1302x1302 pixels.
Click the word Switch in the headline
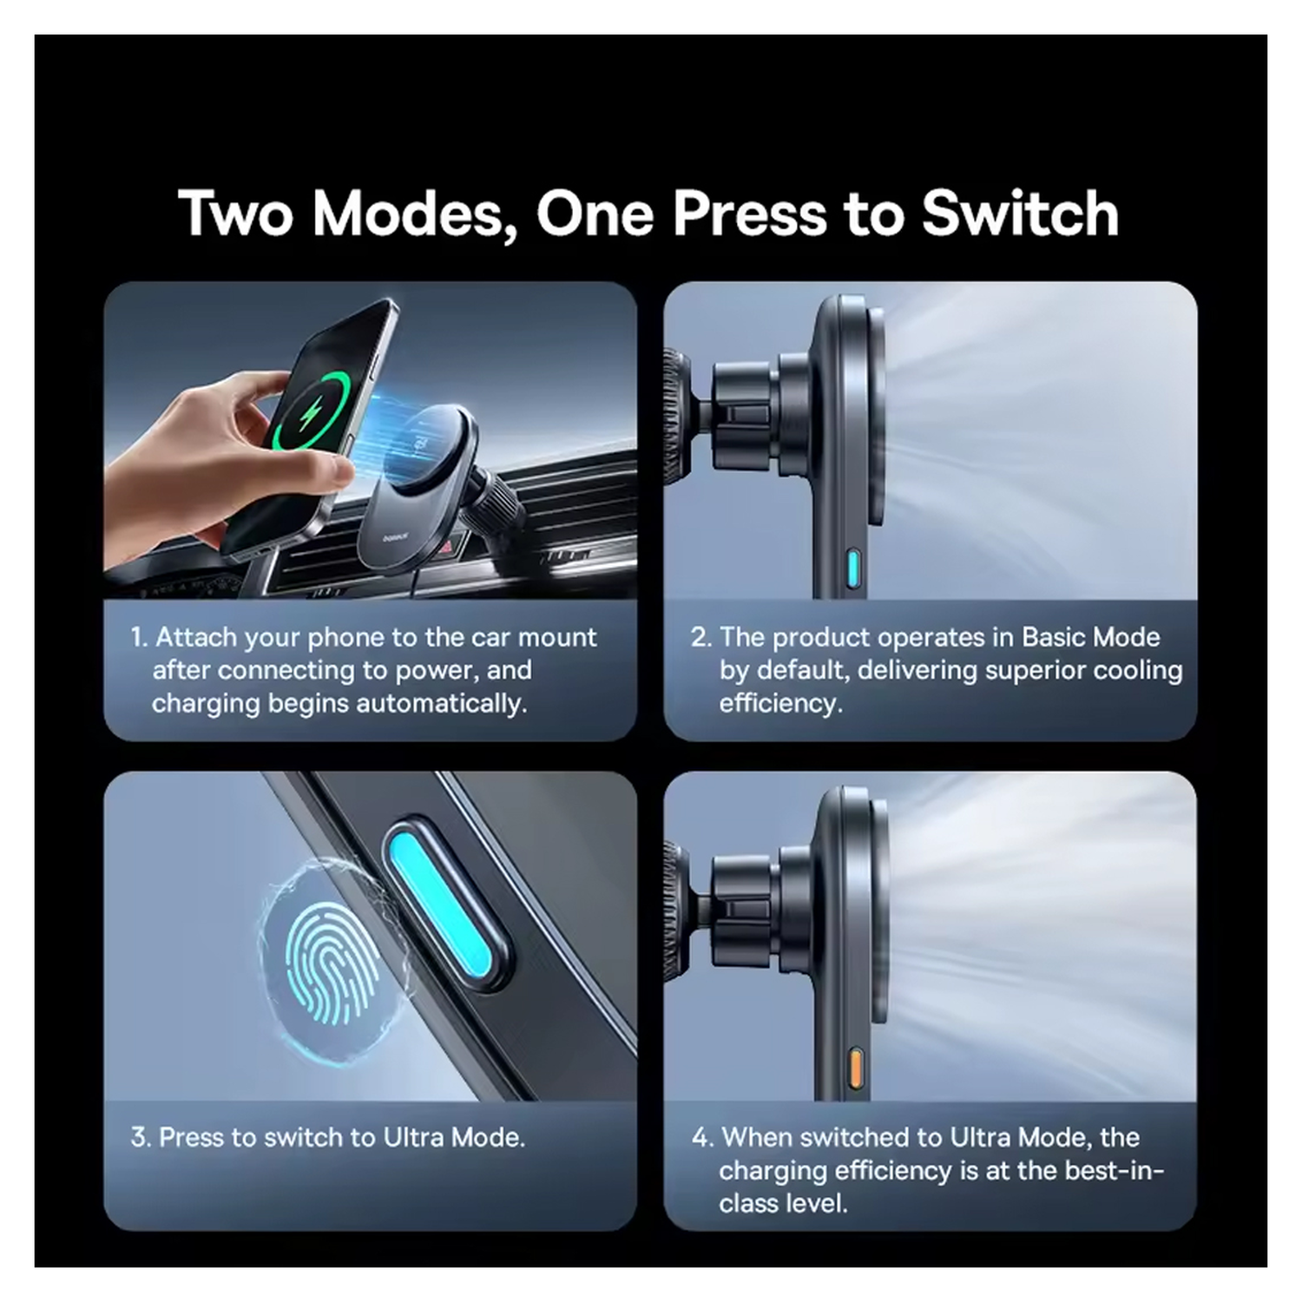pos(1020,214)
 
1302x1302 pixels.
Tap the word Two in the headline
pos(236,214)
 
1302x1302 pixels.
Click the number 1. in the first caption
pos(139,637)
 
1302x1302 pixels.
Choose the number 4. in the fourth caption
pos(702,1137)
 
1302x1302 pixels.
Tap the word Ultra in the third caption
pos(413,1137)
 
